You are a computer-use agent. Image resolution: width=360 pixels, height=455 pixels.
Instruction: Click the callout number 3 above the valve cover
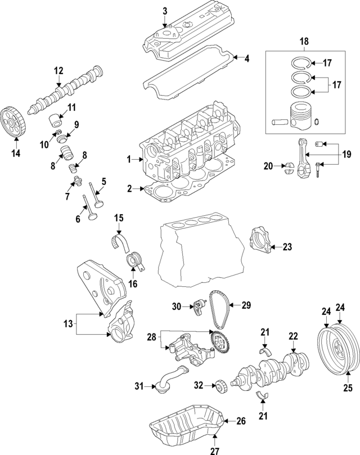tap(165, 11)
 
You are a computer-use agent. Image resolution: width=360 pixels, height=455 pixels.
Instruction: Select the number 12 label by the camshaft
tap(58, 71)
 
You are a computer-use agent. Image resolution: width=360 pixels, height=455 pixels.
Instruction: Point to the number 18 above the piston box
tap(304, 42)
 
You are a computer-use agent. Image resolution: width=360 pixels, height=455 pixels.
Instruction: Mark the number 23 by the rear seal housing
tap(288, 246)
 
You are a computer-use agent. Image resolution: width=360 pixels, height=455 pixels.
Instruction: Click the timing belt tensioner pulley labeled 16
tap(134, 262)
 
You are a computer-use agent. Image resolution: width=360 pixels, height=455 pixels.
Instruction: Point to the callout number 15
tap(119, 218)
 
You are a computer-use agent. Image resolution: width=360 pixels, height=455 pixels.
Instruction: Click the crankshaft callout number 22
tap(292, 336)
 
